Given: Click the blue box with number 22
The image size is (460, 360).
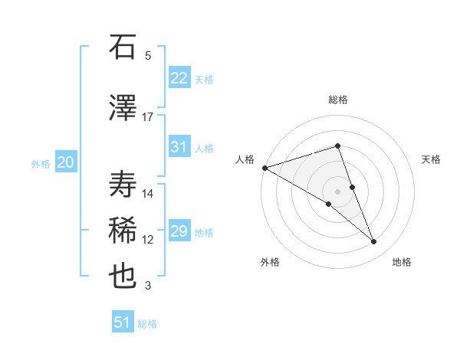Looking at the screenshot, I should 179,78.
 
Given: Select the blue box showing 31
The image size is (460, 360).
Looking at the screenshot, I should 179,147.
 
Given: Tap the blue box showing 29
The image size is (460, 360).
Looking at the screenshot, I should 179,231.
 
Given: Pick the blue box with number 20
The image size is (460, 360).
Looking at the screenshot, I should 65,162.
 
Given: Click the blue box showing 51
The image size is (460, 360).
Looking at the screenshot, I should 123,322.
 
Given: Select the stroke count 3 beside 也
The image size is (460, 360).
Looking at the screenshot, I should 147,286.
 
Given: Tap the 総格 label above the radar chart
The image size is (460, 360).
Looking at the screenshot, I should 337,100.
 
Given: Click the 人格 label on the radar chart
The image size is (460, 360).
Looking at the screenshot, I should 245,159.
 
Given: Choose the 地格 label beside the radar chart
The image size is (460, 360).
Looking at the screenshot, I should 402,262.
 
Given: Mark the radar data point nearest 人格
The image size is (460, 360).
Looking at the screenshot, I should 264,167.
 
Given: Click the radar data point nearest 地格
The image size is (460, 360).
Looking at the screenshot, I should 374,242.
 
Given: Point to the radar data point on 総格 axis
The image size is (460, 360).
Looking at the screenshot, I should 337,146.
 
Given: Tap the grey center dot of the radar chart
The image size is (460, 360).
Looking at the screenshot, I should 337,191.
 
